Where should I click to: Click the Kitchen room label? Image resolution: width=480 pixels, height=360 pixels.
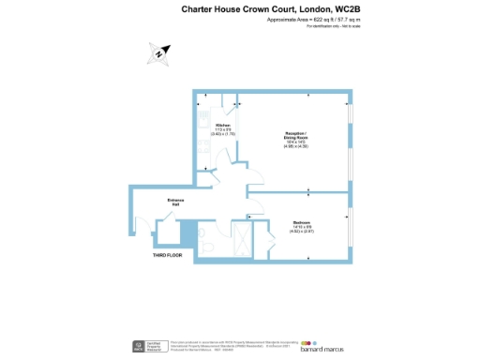223,126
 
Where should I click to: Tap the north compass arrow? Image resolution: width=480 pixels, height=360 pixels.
160,54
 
